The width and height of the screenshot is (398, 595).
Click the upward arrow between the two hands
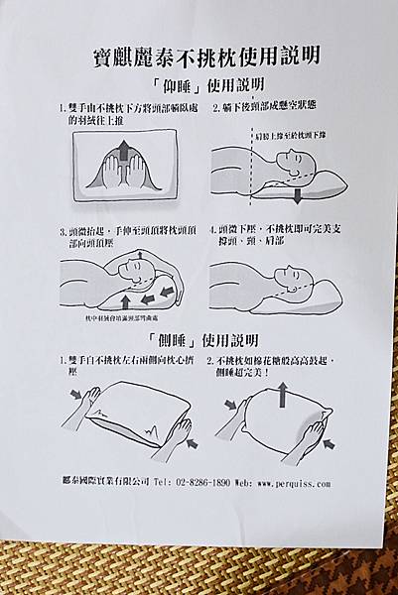tap(123, 153)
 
